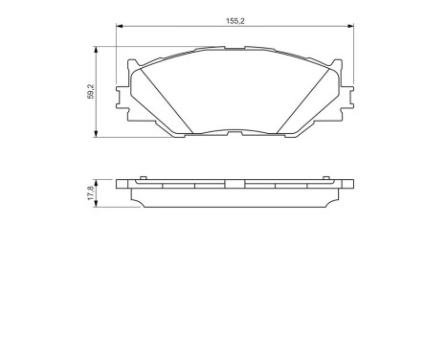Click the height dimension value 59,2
pyautogui.click(x=90, y=92)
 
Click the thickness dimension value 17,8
pyautogui.click(x=90, y=192)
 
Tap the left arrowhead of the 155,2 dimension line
pyautogui.click(x=120, y=27)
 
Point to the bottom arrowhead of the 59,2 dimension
pyautogui.click(x=98, y=134)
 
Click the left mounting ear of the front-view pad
pyautogui.click(x=120, y=95)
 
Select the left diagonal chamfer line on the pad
pyautogui.click(x=164, y=101)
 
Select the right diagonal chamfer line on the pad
pyautogui.click(x=307, y=101)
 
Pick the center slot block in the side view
pyautogui.click(x=235, y=184)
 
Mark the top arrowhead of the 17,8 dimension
pyautogui.click(x=98, y=181)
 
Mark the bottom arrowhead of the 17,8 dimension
pyautogui.click(x=98, y=204)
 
